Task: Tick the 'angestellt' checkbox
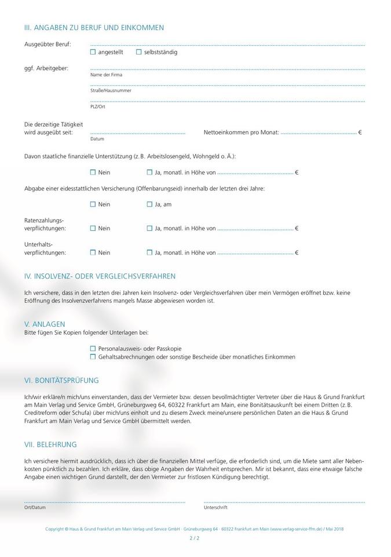tap(93, 52)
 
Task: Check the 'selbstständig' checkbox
tap(138, 52)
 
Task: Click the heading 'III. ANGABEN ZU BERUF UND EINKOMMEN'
tap(94, 27)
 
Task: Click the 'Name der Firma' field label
tap(106, 75)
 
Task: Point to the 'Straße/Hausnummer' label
tap(111, 91)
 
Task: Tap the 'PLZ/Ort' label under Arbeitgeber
tap(98, 107)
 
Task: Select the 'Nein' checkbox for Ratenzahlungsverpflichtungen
tap(93, 229)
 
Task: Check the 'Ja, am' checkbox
tap(149, 204)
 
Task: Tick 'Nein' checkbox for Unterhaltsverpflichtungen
tap(93, 253)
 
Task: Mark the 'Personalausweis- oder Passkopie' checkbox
tap(93, 349)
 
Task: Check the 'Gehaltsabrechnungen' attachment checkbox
tap(93, 357)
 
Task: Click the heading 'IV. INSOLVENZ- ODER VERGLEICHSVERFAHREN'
tap(100, 276)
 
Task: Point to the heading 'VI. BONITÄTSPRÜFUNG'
tap(61, 381)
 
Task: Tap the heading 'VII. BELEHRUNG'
tap(50, 444)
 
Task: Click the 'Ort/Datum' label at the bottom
tap(35, 508)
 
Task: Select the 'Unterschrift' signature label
tap(215, 508)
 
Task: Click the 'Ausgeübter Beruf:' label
tap(47, 45)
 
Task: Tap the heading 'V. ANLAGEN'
tap(45, 324)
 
